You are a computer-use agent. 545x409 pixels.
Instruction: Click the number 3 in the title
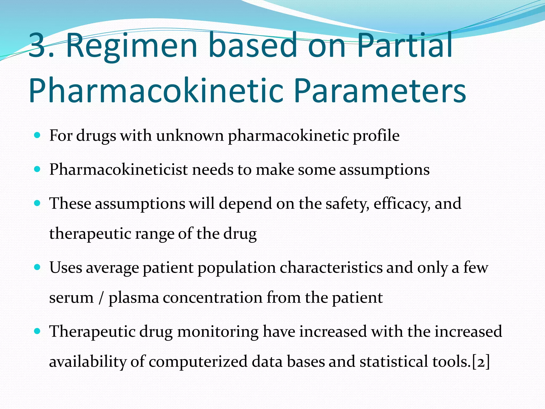[37, 45]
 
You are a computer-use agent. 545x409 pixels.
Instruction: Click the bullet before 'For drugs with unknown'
[38, 135]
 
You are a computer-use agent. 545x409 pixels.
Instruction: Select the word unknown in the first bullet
[190, 136]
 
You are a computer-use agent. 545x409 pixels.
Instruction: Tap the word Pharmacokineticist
[118, 170]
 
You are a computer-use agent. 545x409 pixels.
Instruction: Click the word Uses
[66, 268]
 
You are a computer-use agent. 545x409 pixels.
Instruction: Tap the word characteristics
[331, 268]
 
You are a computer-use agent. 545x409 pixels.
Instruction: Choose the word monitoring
[218, 332]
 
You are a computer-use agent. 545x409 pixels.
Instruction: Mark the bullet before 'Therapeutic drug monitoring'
[38, 331]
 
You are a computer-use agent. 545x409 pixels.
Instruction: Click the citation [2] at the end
[481, 362]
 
